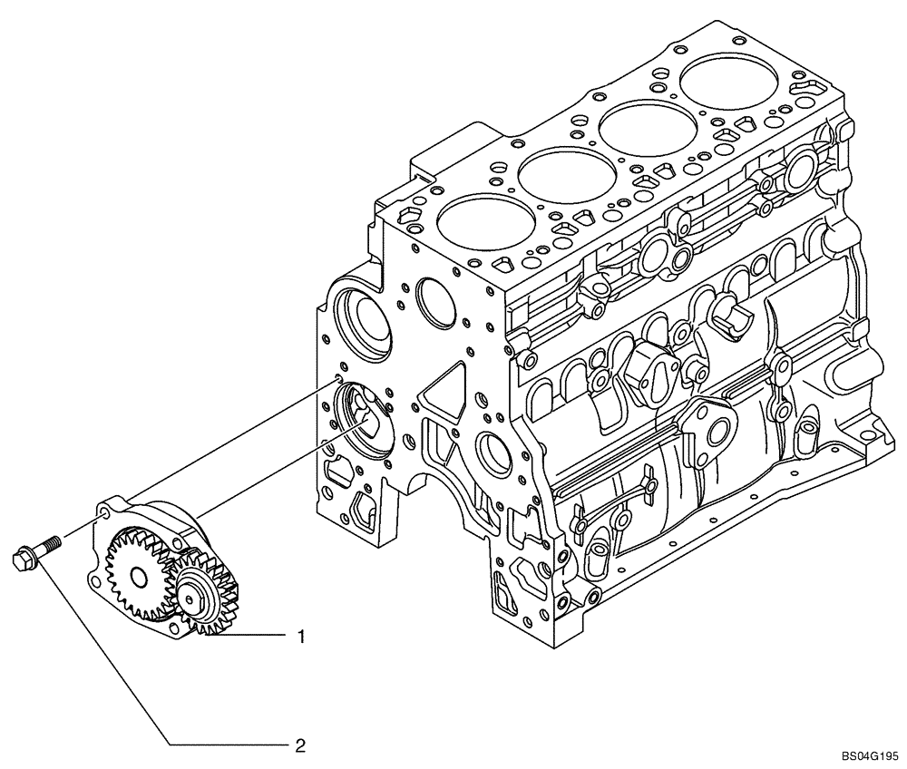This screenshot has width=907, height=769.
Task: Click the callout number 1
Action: (300, 638)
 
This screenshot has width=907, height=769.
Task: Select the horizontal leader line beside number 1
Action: (254, 638)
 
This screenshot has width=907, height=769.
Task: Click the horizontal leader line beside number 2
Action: (227, 745)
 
